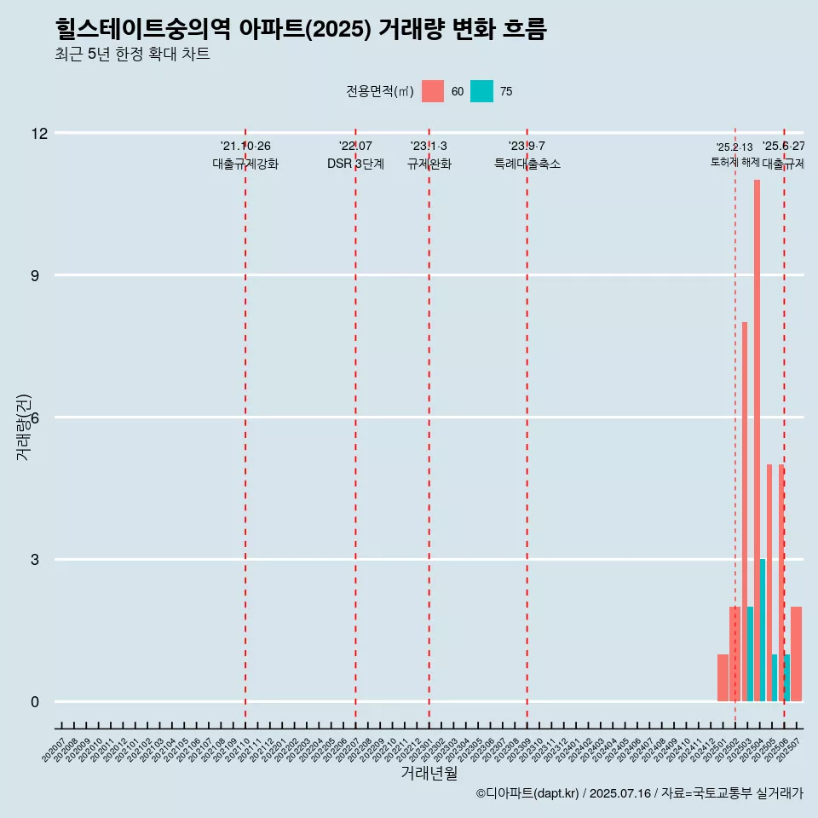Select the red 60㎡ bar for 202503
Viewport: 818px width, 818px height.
point(745,511)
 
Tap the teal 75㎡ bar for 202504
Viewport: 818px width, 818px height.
point(763,631)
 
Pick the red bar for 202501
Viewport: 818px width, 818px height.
point(723,678)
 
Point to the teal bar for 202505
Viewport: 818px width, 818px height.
point(775,678)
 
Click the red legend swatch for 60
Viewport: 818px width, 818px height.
point(433,91)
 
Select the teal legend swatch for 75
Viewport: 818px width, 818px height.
point(481,91)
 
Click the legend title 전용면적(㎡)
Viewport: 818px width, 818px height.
point(380,92)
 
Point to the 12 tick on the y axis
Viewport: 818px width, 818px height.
point(39,133)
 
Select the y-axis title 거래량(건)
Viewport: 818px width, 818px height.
point(23,427)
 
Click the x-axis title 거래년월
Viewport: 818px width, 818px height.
point(429,773)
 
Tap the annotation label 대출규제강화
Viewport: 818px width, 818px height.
point(245,164)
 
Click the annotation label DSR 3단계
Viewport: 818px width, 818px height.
point(355,164)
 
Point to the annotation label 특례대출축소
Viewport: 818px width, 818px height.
point(527,164)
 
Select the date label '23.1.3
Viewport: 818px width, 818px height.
point(429,147)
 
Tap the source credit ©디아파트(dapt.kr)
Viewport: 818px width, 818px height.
point(527,794)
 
